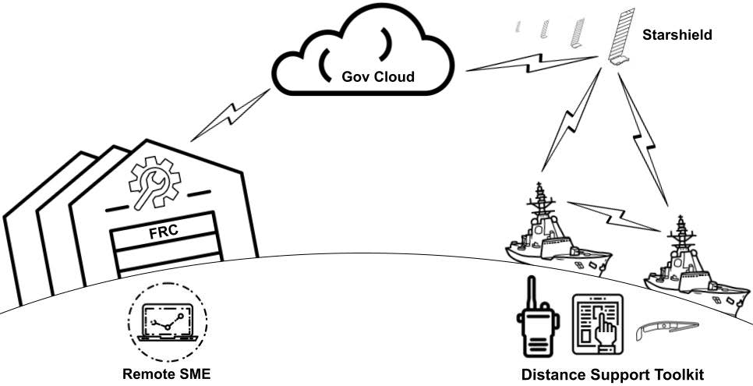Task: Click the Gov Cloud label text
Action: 378,77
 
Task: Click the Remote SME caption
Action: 166,374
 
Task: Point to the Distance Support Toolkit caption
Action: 612,375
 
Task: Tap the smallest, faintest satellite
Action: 517,28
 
